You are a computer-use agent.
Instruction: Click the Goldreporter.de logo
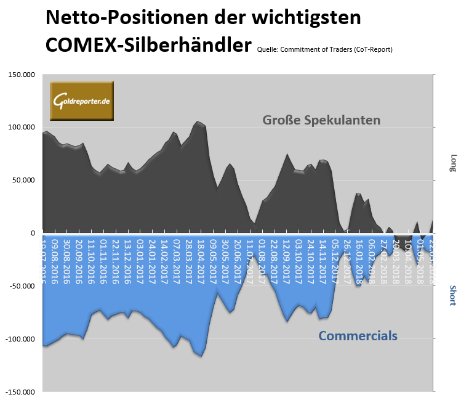coord(82,100)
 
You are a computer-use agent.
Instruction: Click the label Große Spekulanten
coord(321,120)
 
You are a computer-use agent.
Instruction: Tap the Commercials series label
coord(358,336)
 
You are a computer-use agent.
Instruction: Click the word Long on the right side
coord(454,162)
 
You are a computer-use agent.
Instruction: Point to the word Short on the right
coord(454,295)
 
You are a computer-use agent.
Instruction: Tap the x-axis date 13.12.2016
coord(127,259)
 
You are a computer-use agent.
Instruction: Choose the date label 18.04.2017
coord(199,259)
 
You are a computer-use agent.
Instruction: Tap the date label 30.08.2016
coord(66,259)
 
